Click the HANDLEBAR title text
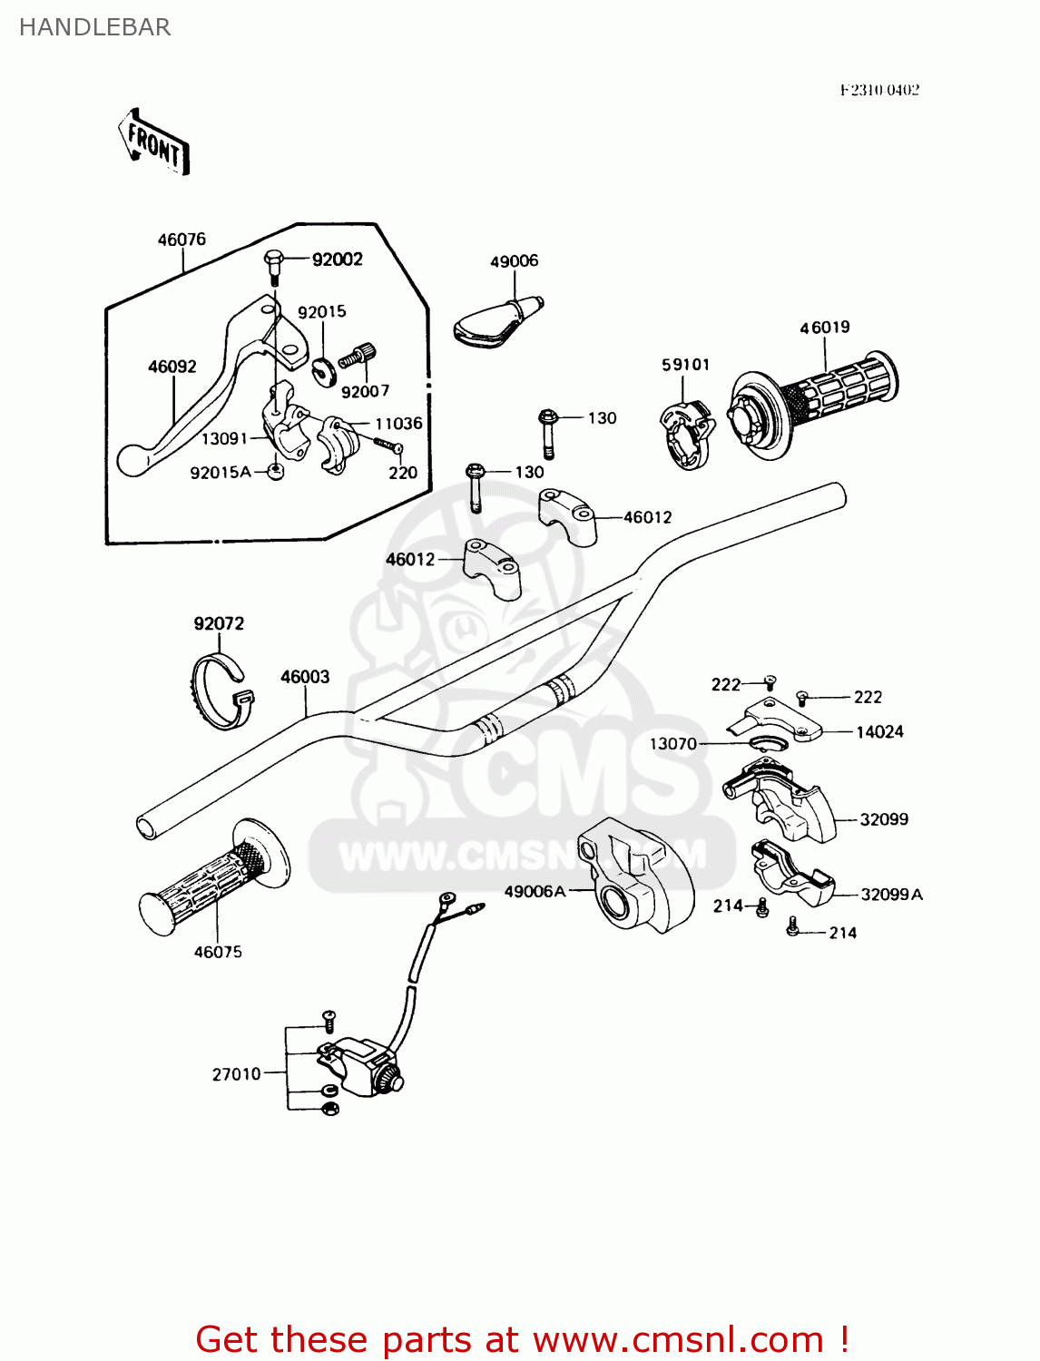(94, 27)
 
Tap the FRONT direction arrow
(154, 143)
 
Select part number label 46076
(182, 240)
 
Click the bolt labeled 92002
(273, 265)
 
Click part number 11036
(398, 424)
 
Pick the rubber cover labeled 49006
(495, 322)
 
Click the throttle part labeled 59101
(685, 436)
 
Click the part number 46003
(305, 677)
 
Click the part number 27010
(236, 1074)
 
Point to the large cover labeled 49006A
(635, 876)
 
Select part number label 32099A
(891, 895)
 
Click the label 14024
(879, 732)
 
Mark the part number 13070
(672, 744)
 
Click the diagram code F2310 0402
(878, 90)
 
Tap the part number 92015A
(221, 473)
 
